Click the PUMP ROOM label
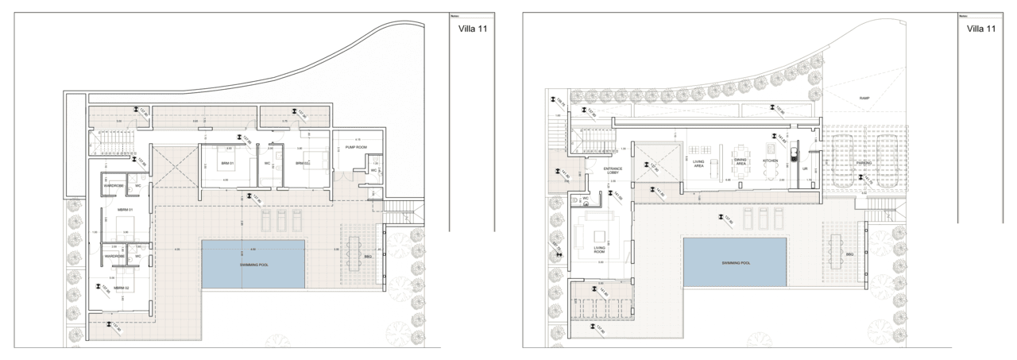click(354, 147)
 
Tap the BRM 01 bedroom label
click(224, 164)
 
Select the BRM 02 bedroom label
click(301, 164)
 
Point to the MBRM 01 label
click(125, 210)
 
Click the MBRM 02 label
click(122, 288)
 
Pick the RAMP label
click(864, 99)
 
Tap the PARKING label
click(864, 163)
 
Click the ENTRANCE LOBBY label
click(613, 170)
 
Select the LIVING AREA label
click(699, 164)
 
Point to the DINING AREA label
click(740, 161)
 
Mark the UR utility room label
click(805, 168)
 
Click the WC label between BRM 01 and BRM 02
click(268, 164)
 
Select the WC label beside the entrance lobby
click(586, 198)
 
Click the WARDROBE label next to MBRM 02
click(113, 257)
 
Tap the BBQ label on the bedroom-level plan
click(367, 257)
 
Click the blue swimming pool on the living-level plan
click(735, 262)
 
